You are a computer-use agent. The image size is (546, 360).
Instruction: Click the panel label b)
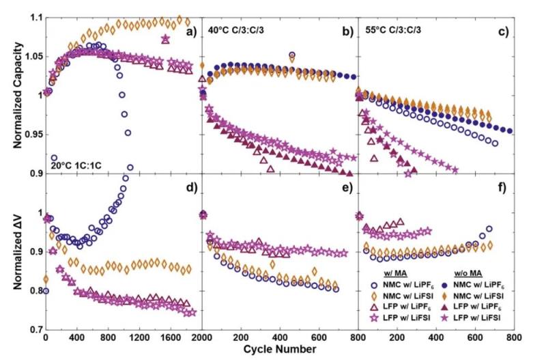(x=345, y=31)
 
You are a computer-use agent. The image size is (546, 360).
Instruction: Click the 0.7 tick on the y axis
(x=30, y=331)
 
